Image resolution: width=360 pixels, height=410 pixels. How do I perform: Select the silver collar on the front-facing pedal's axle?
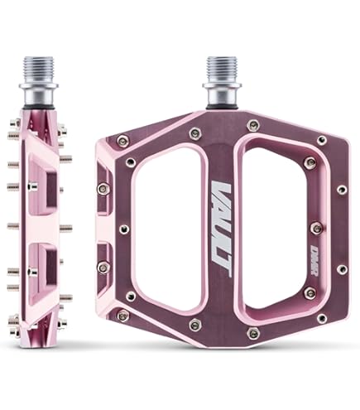point(221,91)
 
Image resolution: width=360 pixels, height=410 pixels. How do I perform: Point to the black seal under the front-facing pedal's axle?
point(221,105)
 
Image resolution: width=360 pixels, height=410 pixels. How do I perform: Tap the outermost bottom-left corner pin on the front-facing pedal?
point(123,315)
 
